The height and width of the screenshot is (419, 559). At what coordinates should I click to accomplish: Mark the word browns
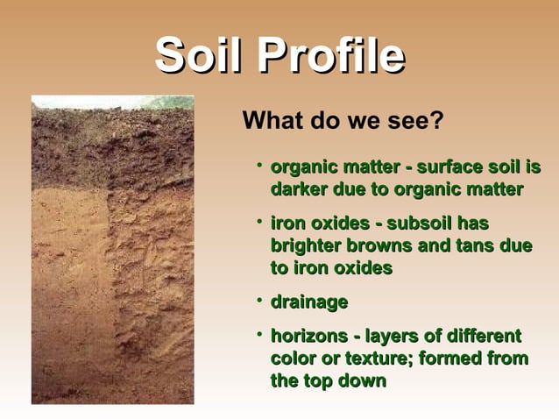[386, 246]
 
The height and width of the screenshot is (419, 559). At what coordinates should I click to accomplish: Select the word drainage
[309, 302]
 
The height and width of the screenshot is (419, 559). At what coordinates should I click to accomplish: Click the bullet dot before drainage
[259, 301]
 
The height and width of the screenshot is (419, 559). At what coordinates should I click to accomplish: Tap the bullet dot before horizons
[259, 335]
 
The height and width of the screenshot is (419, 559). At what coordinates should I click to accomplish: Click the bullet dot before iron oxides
[259, 223]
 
